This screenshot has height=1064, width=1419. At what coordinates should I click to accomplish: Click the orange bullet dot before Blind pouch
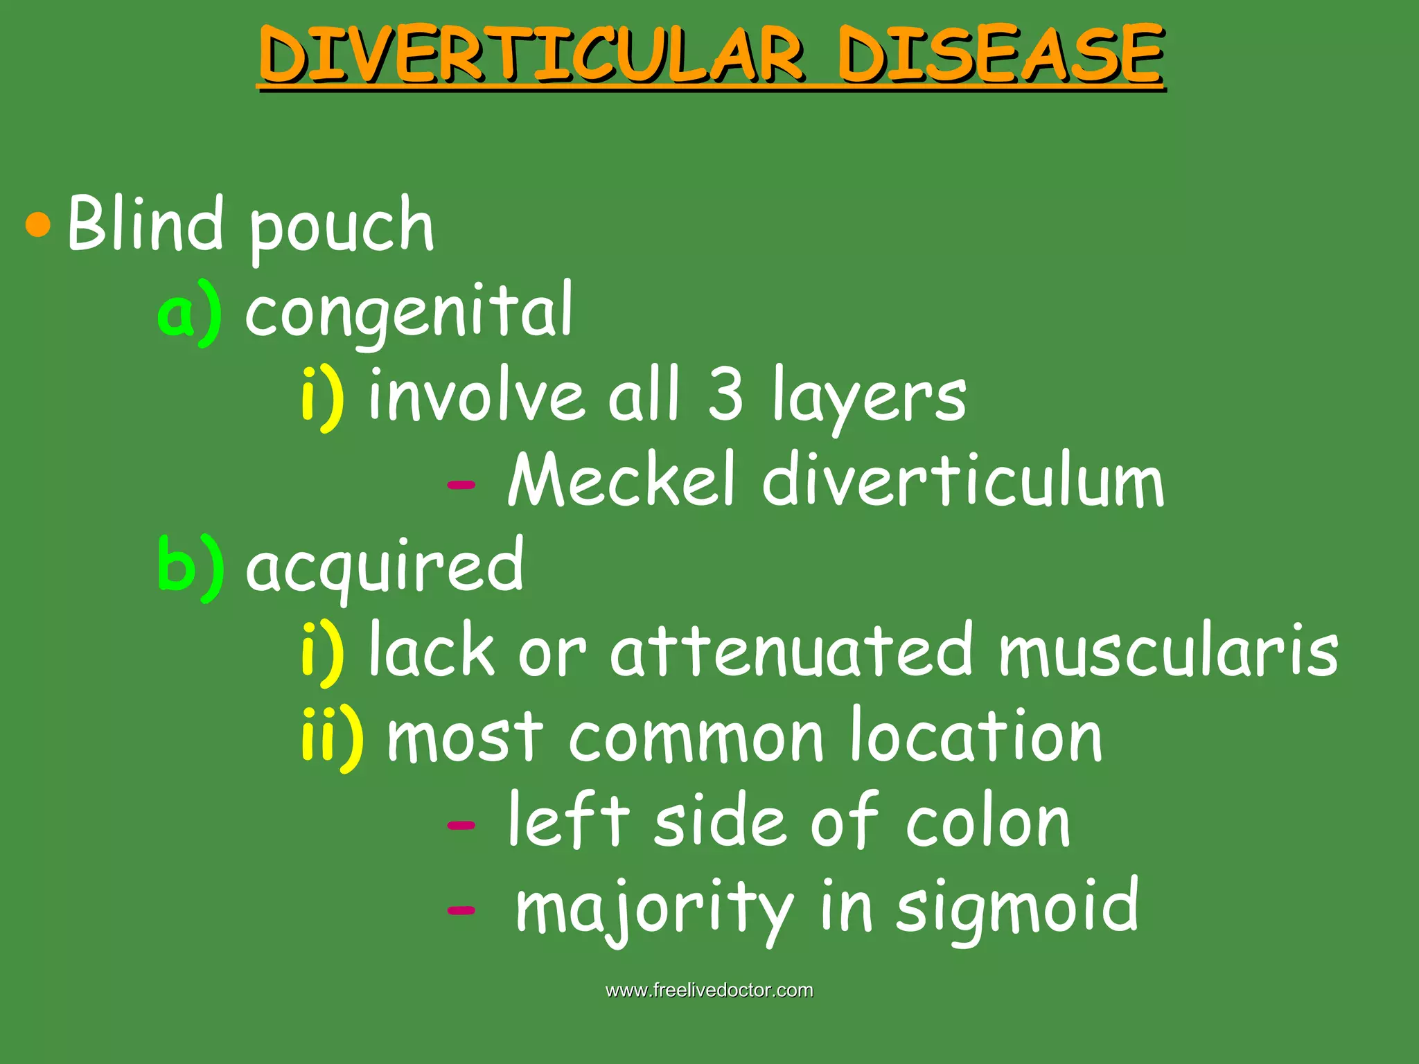[38, 224]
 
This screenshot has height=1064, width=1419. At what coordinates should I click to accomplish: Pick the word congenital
[409, 312]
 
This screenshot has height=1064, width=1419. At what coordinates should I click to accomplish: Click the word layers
[870, 398]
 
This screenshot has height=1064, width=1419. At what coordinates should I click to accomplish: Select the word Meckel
[621, 481]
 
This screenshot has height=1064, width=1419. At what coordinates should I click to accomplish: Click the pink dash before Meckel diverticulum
[461, 484]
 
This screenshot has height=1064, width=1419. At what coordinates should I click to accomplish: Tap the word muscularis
[1168, 651]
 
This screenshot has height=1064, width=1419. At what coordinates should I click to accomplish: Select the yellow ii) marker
[332, 737]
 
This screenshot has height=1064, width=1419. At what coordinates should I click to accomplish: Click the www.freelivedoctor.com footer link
[709, 991]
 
